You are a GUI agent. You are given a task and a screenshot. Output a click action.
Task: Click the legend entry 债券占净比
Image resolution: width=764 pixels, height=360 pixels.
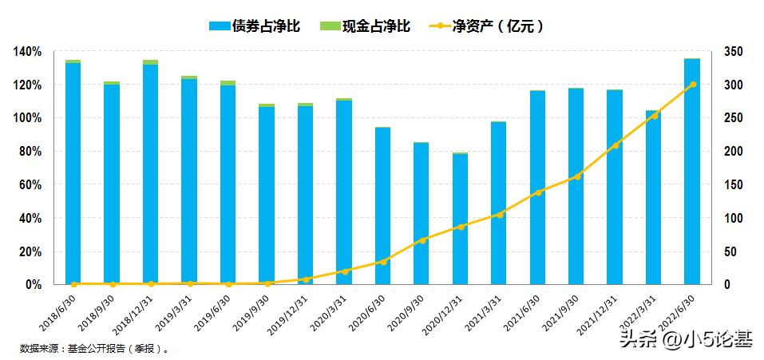tap(254, 26)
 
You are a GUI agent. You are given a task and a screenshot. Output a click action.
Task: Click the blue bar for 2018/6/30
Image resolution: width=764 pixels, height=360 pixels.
tap(73, 173)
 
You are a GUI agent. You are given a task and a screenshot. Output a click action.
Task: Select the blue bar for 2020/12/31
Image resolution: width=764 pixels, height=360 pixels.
tap(461, 219)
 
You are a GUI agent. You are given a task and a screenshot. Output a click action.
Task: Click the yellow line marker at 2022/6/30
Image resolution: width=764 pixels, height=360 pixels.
tap(693, 84)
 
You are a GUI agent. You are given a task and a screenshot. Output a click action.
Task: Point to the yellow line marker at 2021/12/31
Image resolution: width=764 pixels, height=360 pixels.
tap(615, 145)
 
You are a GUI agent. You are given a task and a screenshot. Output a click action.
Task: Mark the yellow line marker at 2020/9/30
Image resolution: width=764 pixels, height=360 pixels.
tap(422, 239)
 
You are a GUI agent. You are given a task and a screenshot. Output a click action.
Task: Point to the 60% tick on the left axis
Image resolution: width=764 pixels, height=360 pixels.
tap(30, 185)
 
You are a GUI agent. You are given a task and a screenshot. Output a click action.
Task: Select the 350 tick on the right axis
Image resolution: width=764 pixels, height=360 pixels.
tap(734, 52)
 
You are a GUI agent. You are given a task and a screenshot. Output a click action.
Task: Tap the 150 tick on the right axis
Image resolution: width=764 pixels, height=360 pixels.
tap(734, 185)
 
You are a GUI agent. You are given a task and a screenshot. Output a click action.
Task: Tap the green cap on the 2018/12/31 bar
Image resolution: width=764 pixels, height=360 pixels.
tap(150, 62)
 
